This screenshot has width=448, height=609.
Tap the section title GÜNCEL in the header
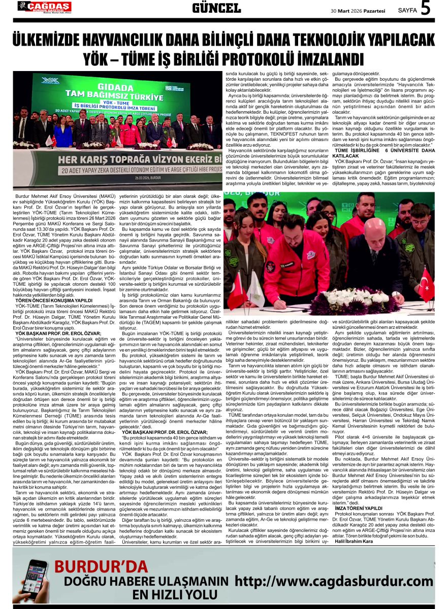216,8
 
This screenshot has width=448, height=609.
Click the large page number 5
425,9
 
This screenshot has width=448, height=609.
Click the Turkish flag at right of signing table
426,284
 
